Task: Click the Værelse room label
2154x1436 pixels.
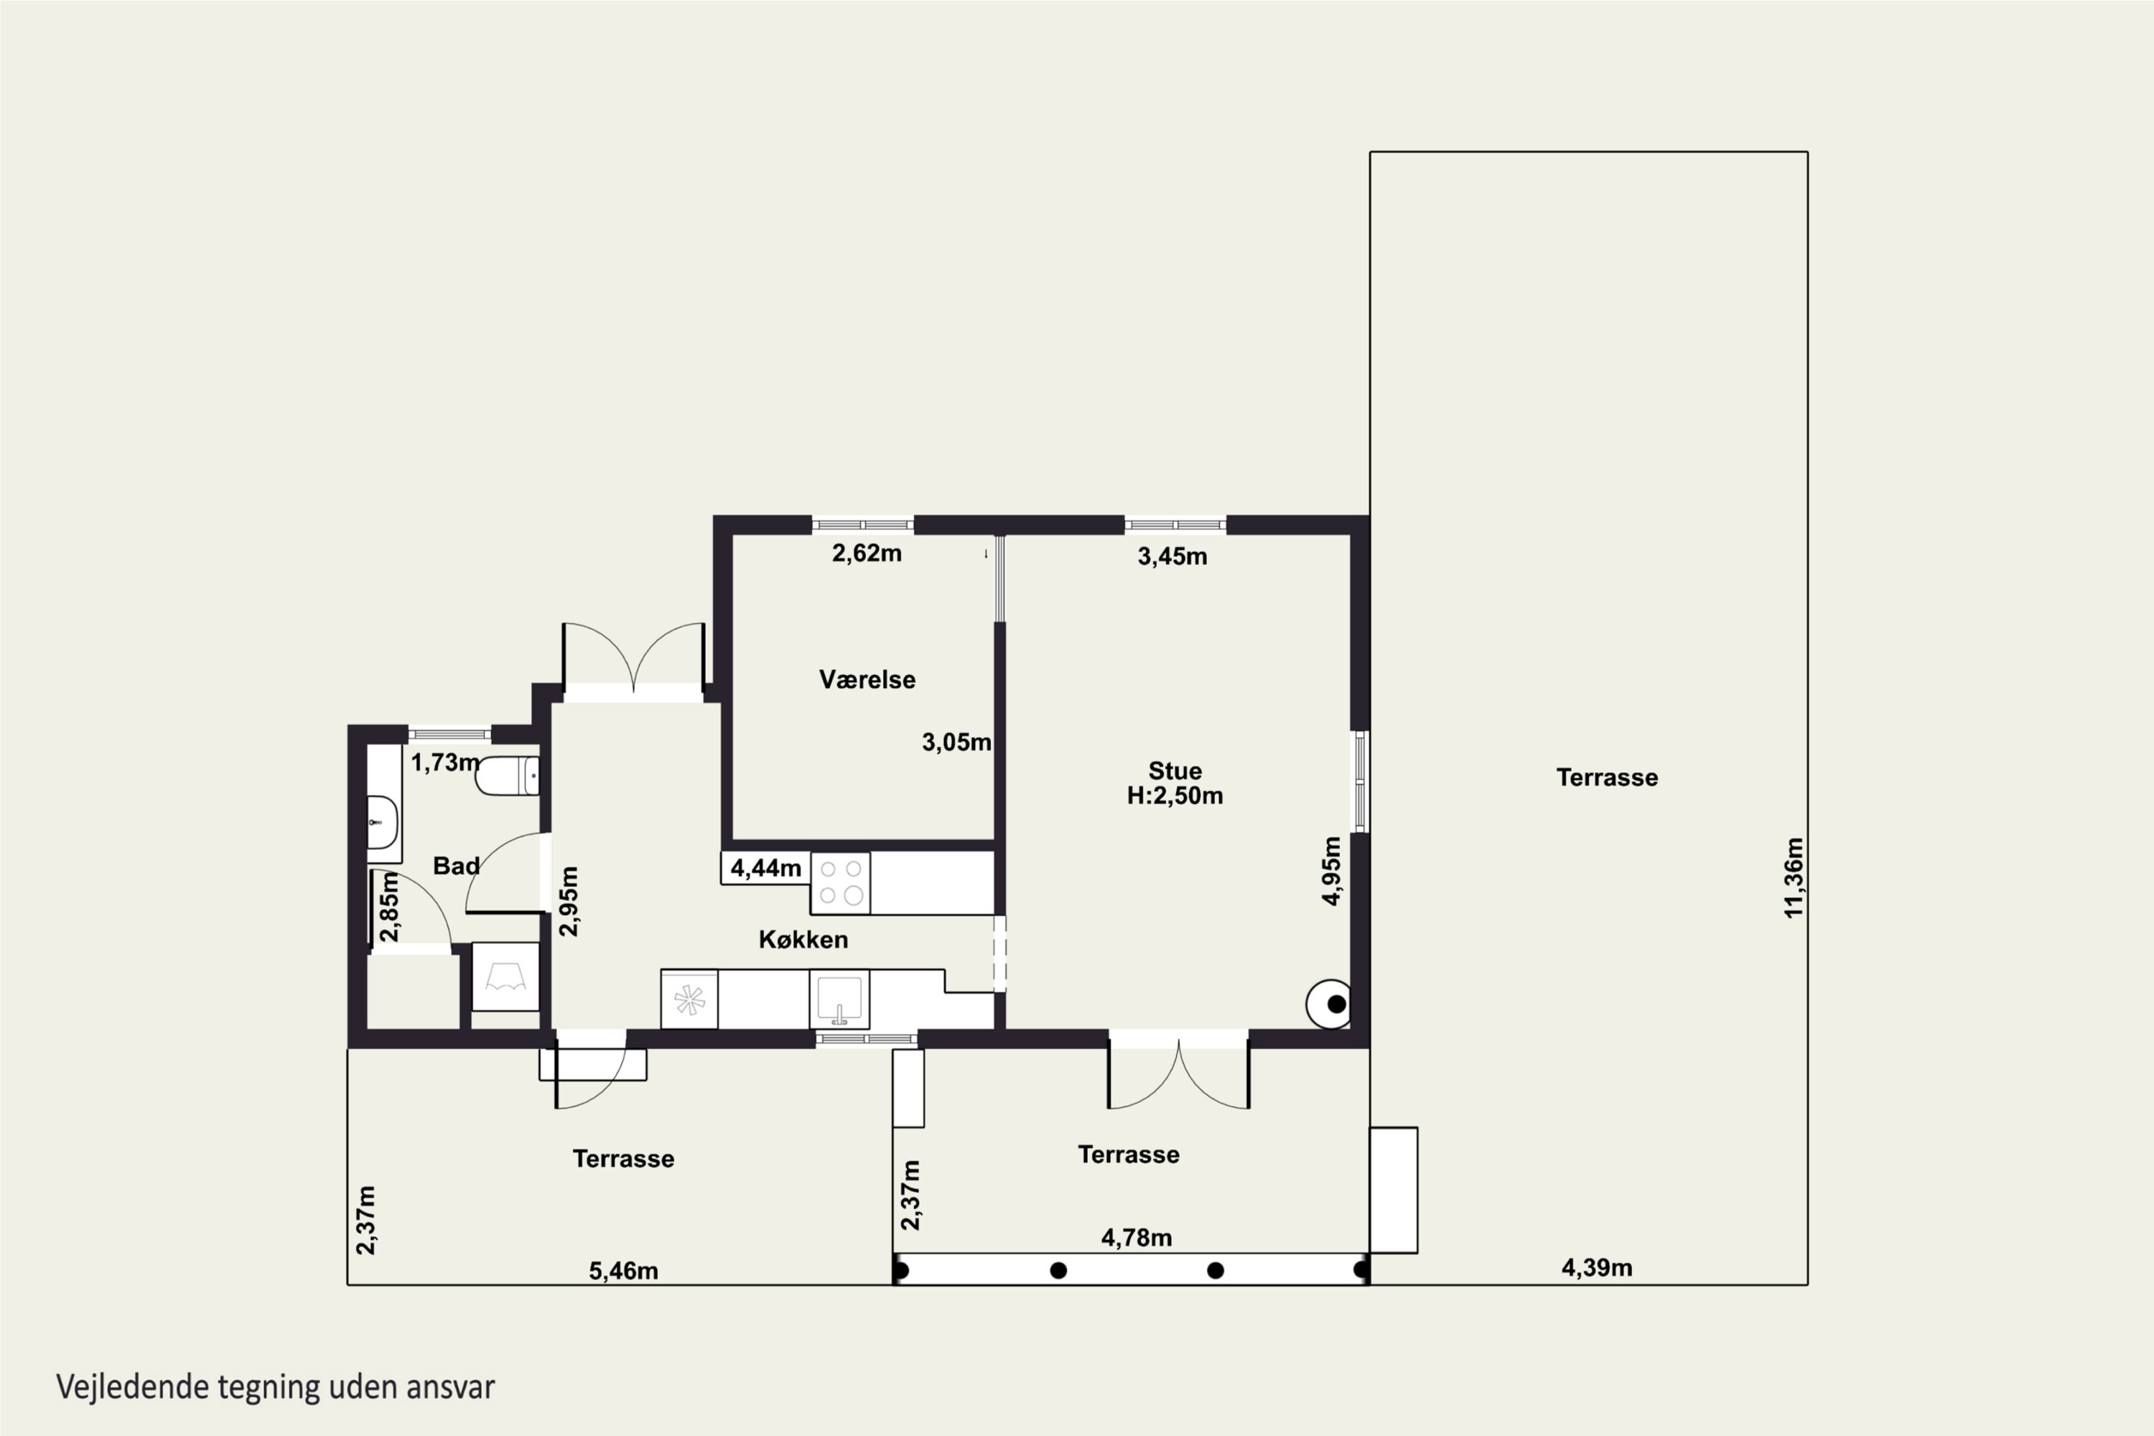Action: tap(867, 679)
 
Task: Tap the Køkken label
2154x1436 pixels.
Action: tap(803, 940)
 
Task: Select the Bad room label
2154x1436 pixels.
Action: tap(456, 865)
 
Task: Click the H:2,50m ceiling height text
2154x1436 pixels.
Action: tap(1174, 796)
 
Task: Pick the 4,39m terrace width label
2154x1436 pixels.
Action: tap(1596, 1267)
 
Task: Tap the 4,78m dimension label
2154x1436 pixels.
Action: tap(1136, 1238)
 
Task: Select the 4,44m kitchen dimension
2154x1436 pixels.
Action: tap(765, 867)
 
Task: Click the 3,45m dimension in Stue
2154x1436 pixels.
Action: tap(1172, 556)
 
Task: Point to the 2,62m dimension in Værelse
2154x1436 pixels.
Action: tap(867, 553)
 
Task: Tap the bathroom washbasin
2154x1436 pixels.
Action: tap(383, 822)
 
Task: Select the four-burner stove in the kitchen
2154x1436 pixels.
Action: tap(840, 883)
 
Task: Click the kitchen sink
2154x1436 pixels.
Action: tap(839, 999)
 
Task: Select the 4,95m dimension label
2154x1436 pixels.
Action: tap(1332, 871)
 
